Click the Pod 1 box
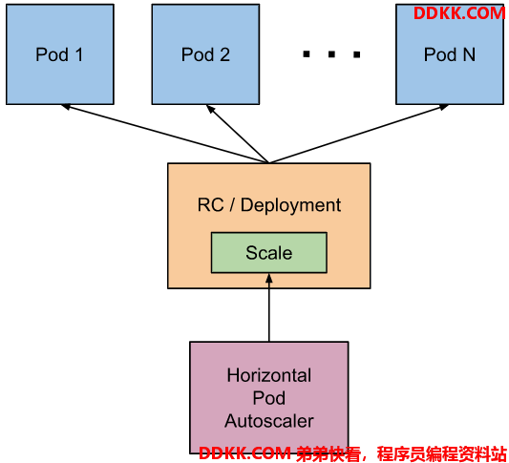pyautogui.click(x=60, y=54)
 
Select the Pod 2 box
pyautogui.click(x=205, y=54)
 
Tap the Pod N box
pyautogui.click(x=450, y=54)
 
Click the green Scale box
pyautogui.click(x=269, y=252)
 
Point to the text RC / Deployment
pyautogui.click(x=269, y=205)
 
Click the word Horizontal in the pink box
pyautogui.click(x=269, y=375)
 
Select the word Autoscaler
pyautogui.click(x=269, y=421)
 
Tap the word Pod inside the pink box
pyautogui.click(x=269, y=398)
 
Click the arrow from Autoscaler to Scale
pyautogui.click(x=269, y=307)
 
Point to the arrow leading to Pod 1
pyautogui.click(x=165, y=134)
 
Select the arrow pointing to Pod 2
pyautogui.click(x=238, y=134)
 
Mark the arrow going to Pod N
pyautogui.click(x=359, y=134)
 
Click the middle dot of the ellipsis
pyautogui.click(x=331, y=54)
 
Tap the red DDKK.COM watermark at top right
pyautogui.click(x=459, y=13)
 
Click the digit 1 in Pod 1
pyautogui.click(x=79, y=54)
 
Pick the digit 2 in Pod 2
pyautogui.click(x=225, y=54)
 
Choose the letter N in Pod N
pyautogui.click(x=469, y=54)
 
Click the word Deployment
pyautogui.click(x=291, y=205)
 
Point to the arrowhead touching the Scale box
pyautogui.click(x=269, y=278)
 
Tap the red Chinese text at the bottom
pyautogui.click(x=401, y=453)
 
